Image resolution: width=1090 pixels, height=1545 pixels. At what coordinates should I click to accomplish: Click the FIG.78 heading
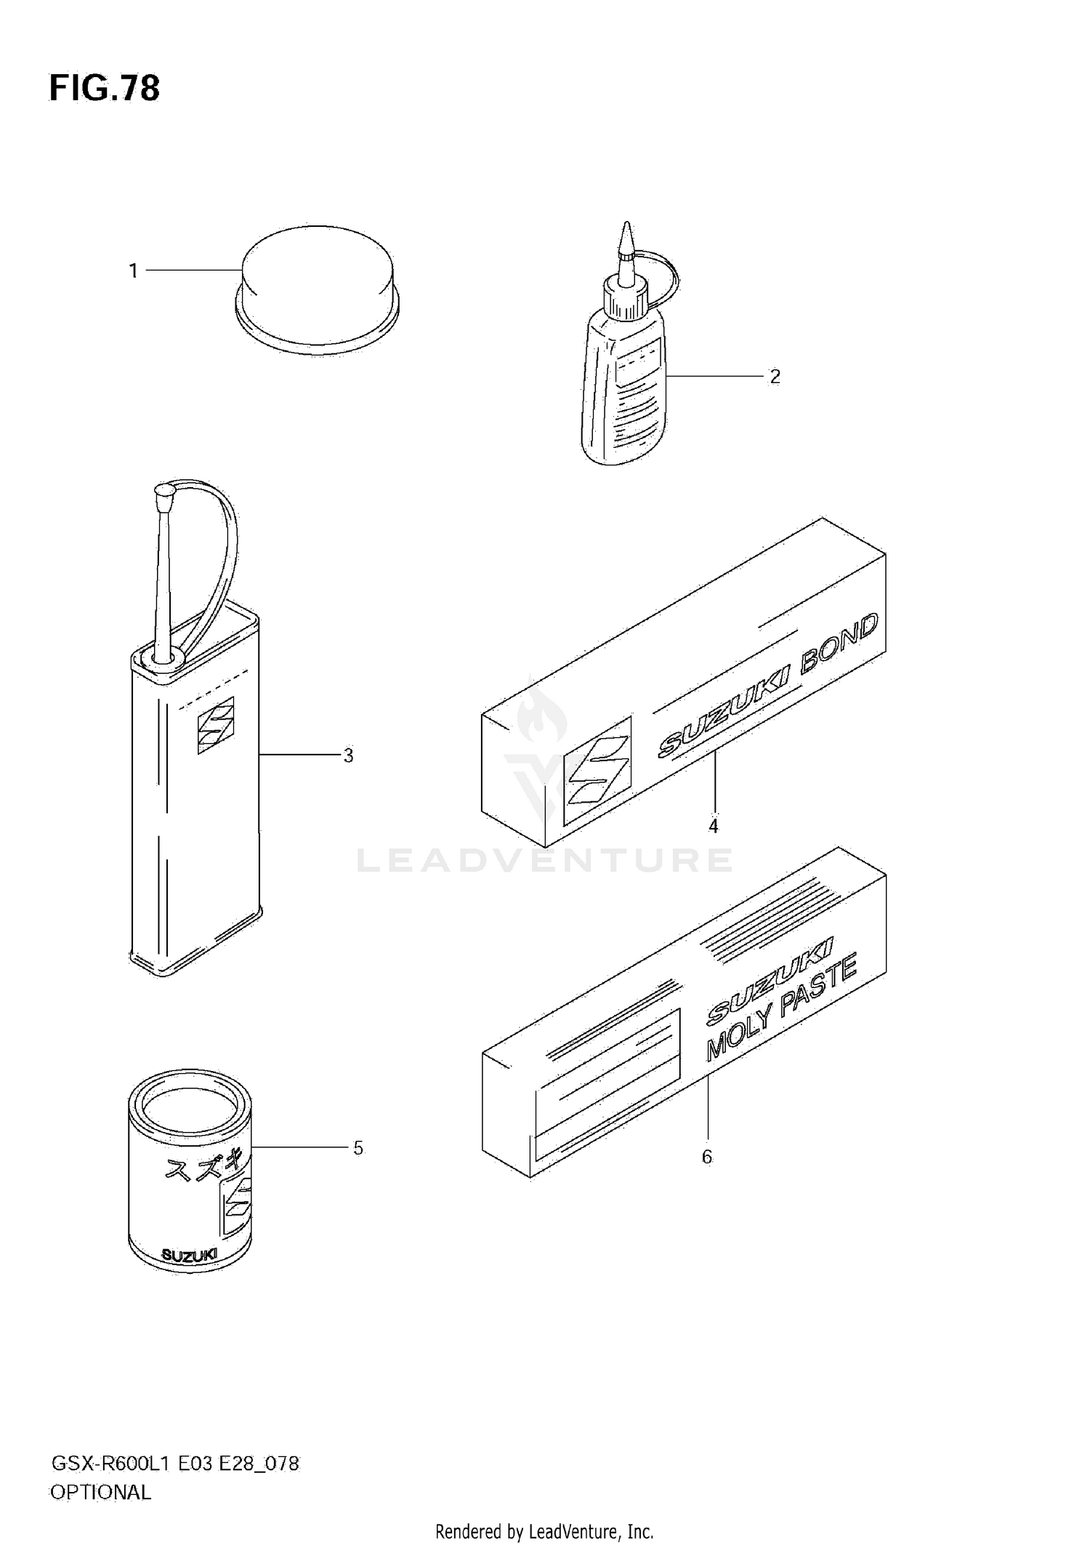click(x=104, y=89)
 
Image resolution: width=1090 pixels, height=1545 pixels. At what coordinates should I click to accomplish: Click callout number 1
click(x=133, y=271)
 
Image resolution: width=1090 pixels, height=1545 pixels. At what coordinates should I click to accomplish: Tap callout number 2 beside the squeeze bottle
click(x=775, y=377)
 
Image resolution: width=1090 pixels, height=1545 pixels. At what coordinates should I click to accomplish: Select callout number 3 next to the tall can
click(x=349, y=756)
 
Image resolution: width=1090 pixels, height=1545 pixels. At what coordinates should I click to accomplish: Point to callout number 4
click(x=714, y=827)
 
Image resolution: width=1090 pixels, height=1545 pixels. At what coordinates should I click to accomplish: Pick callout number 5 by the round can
click(x=358, y=1148)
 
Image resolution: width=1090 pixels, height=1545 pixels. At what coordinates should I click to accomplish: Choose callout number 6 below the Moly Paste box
click(x=707, y=1157)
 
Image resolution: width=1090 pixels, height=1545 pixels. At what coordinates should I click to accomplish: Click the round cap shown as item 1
click(x=318, y=289)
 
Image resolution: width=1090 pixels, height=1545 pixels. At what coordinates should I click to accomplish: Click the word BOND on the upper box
click(x=839, y=647)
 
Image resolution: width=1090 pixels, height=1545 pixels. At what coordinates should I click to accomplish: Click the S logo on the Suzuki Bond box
click(x=597, y=771)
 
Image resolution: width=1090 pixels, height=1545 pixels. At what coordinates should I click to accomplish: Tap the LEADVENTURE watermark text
click(x=545, y=861)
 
